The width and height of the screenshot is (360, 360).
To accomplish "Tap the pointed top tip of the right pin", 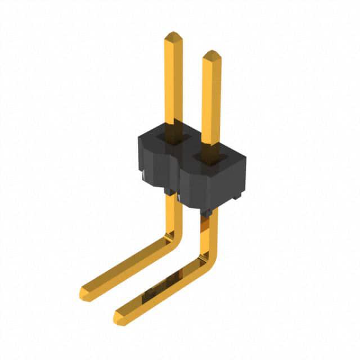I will tap(211, 55).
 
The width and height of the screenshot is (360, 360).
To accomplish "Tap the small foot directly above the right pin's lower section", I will tap(206, 212).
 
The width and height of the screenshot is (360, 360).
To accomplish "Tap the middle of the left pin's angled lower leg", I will tap(129, 267).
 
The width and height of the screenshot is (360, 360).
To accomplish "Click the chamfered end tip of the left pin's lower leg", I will tap(84, 294).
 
